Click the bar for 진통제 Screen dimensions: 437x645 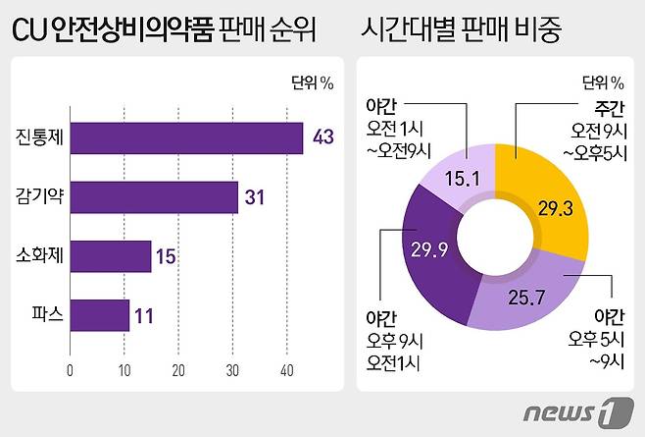pyautogui.click(x=186, y=137)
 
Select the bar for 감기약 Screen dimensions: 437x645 pyautogui.click(x=154, y=196)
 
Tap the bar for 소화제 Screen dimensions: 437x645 pyautogui.click(x=111, y=256)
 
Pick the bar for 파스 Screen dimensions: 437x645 pyautogui.click(x=100, y=316)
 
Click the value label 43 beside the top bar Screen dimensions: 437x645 pyautogui.click(x=323, y=137)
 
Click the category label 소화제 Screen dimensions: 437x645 pyautogui.click(x=40, y=256)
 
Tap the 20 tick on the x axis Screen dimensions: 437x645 pyautogui.click(x=178, y=370)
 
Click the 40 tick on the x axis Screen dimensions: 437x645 pyautogui.click(x=286, y=370)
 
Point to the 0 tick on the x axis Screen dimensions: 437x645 pyautogui.click(x=71, y=370)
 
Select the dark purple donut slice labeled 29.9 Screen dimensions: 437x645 pyautogui.click(x=436, y=250)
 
